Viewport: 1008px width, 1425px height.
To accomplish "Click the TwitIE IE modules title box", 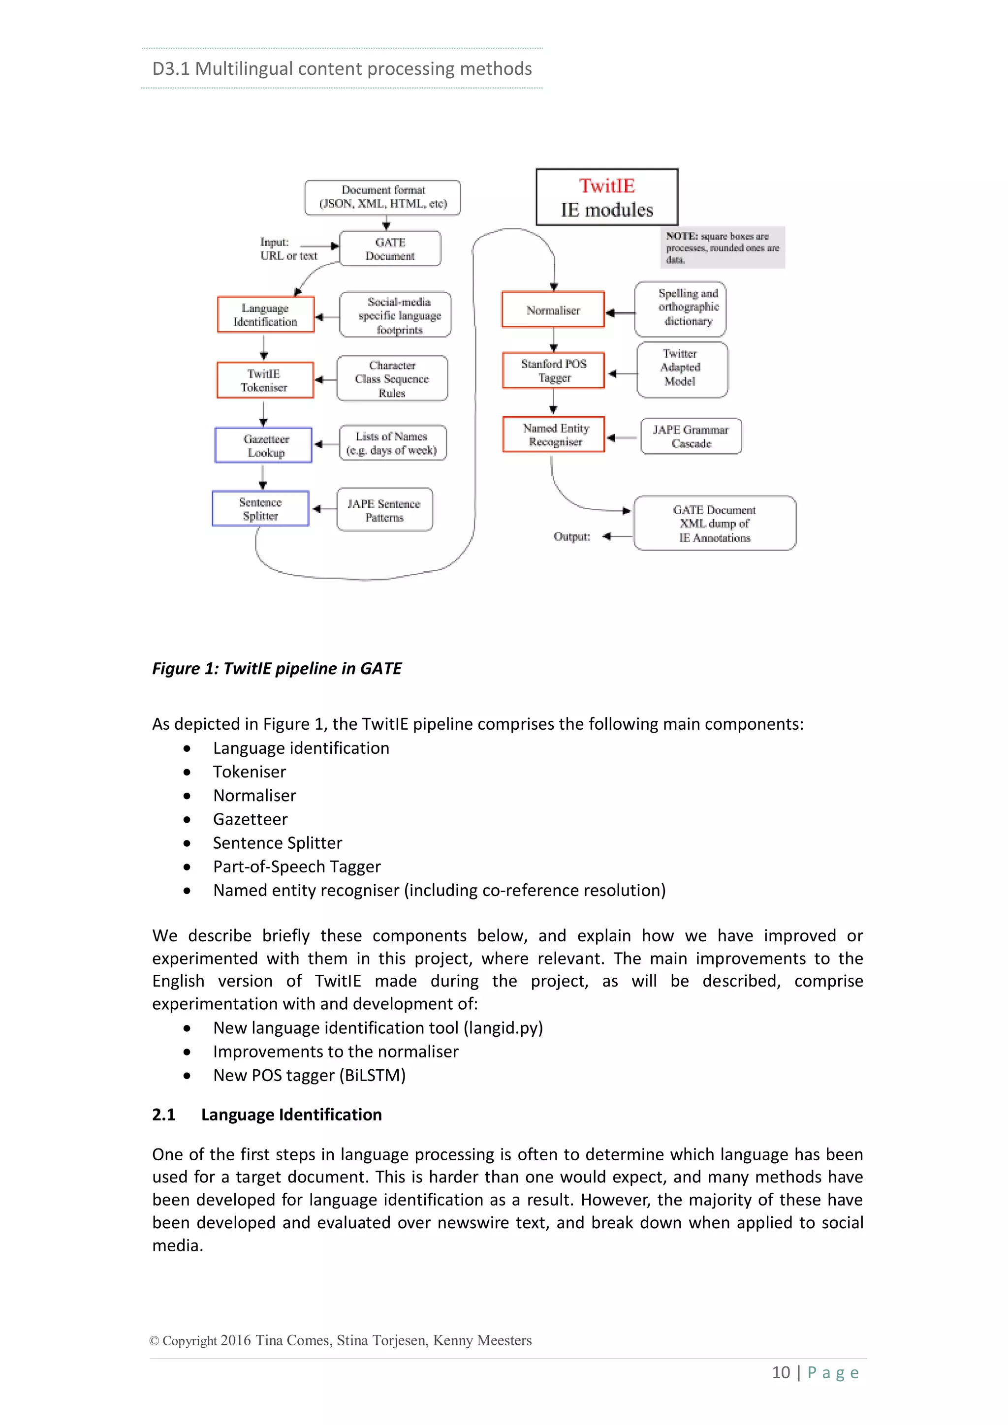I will click(606, 197).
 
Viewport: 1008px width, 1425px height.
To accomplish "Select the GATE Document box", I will click(390, 249).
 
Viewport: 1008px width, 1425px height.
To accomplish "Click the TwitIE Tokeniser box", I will click(264, 380).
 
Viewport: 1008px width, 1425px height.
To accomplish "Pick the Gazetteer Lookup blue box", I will click(264, 445).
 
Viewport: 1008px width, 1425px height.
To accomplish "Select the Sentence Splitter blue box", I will click(261, 509).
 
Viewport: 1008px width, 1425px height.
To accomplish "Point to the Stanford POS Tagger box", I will click(553, 371).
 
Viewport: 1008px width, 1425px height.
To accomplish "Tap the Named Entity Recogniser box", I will click(554, 434).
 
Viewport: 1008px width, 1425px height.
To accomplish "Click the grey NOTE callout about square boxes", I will click(722, 247).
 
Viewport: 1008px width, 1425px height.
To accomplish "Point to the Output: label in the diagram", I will click(571, 536).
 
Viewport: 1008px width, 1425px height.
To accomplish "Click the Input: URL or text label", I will click(288, 249).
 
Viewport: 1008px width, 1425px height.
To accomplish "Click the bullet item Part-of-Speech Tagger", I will click(297, 867).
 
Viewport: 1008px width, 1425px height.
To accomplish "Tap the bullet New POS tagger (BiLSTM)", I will click(309, 1075).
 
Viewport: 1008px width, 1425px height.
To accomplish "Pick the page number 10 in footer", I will click(780, 1372).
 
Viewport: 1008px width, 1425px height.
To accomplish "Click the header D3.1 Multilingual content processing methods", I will click(342, 68).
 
